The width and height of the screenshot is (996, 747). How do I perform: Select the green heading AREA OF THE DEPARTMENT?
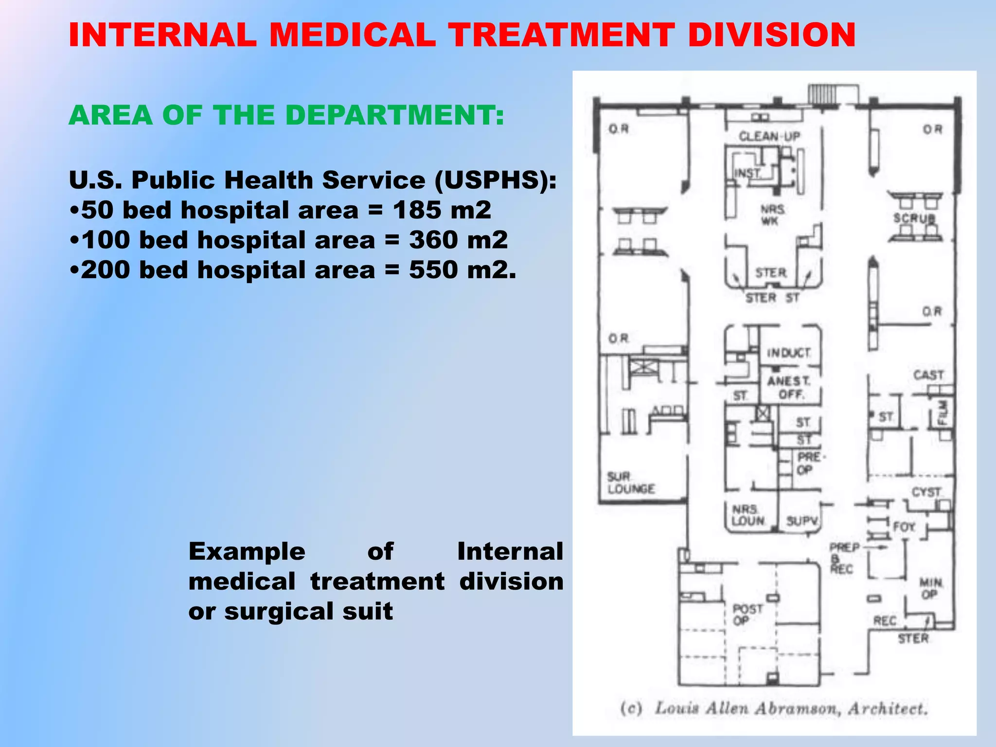286,116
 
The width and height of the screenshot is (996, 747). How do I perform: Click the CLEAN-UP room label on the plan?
769,137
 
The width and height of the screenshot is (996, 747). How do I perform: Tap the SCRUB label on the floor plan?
914,218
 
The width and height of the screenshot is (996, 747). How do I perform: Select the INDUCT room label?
788,353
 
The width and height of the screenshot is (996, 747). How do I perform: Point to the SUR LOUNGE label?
630,482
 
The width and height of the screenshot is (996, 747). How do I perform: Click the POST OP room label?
747,615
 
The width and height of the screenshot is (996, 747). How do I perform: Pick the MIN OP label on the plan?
930,588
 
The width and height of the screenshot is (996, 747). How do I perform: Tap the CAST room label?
928,375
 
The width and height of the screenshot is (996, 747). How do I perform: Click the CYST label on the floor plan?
926,492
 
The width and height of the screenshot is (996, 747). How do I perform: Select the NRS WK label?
772,215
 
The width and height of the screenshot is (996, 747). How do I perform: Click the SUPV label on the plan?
802,521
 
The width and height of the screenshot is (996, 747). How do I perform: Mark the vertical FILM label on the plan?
943,412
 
